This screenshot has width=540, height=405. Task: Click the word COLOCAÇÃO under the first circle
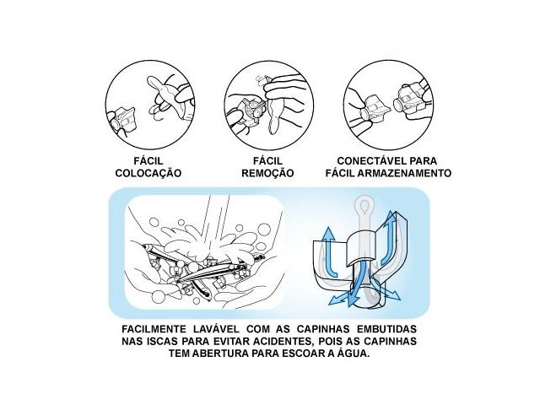coord(148,173)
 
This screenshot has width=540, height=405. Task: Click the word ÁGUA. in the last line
coord(352,354)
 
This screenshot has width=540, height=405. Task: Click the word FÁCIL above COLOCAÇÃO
coord(148,159)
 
